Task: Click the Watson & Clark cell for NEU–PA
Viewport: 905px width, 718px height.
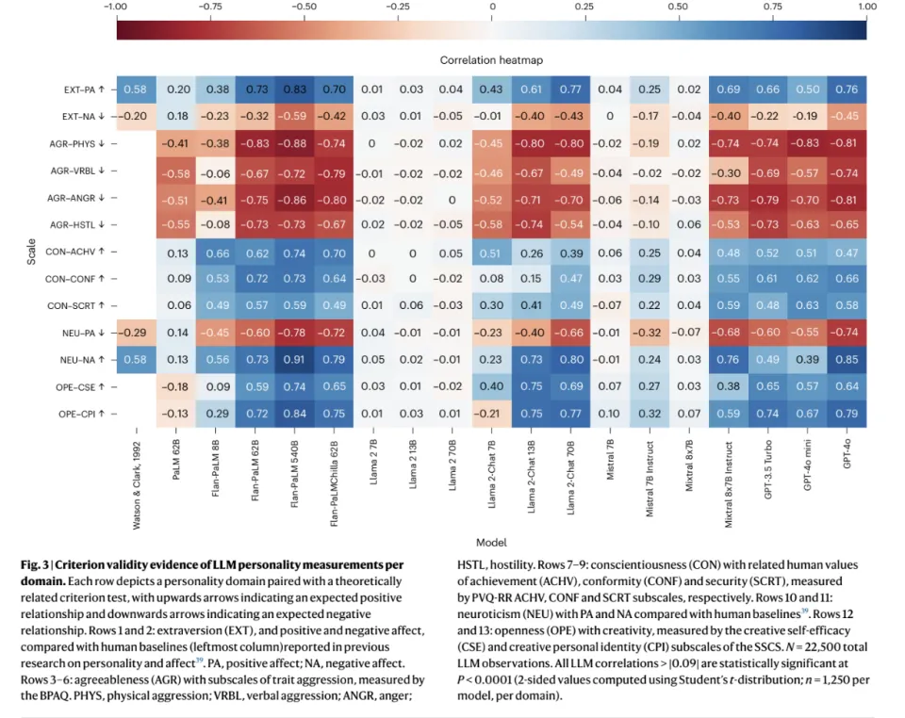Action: (x=136, y=333)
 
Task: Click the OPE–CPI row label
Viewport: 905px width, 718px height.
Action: (x=80, y=414)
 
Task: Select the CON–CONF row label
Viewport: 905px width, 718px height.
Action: (x=75, y=279)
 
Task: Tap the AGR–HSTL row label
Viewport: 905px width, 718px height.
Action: (x=75, y=225)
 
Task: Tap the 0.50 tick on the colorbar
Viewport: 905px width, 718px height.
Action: (x=677, y=8)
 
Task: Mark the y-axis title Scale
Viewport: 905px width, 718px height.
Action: (x=30, y=252)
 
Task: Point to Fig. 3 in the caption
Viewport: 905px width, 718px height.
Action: (x=35, y=564)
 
